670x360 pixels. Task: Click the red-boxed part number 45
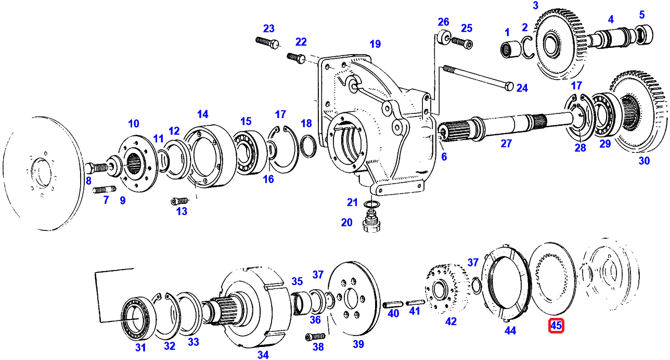tap(556, 326)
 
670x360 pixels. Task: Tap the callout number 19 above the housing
tap(375, 44)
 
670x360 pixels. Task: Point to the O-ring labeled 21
tap(372, 204)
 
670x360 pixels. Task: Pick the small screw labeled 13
tap(180, 201)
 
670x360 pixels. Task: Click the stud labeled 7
tap(105, 190)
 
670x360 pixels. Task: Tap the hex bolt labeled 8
tap(97, 168)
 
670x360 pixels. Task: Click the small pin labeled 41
tap(415, 303)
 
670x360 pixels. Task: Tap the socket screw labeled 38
tap(315, 337)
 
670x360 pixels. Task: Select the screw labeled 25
tap(462, 42)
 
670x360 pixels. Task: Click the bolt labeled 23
tap(267, 42)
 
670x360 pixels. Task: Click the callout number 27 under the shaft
tap(506, 144)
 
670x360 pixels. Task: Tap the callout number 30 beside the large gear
tap(644, 161)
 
